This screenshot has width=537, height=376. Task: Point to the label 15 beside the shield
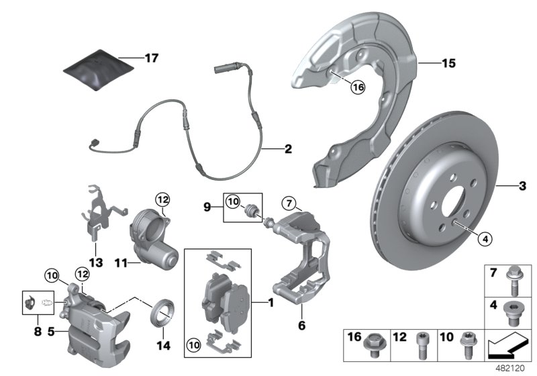(x=449, y=64)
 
